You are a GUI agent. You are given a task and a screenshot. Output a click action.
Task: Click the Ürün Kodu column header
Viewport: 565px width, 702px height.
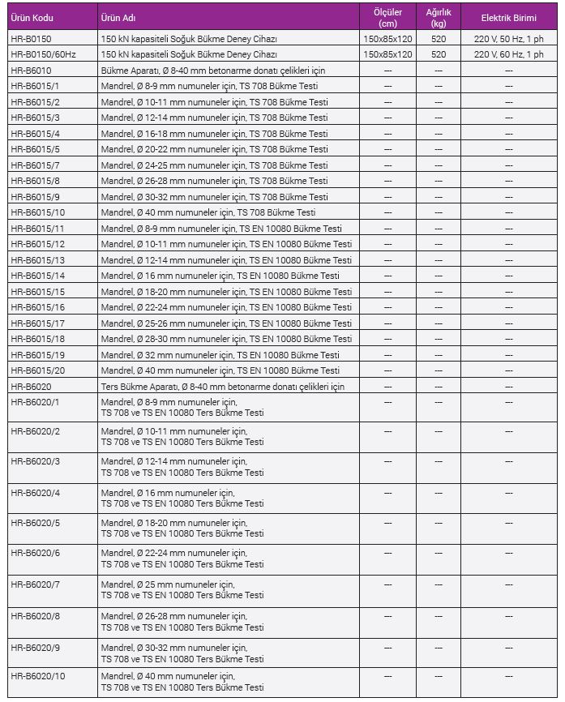32,17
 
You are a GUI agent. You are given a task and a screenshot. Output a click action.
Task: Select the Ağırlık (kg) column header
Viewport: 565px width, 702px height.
439,17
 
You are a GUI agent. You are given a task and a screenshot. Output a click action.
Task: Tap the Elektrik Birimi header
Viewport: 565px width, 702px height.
508,17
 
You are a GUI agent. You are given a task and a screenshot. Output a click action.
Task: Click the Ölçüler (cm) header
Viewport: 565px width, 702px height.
387,17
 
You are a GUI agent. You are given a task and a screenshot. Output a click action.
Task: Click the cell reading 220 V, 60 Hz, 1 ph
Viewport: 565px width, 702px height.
509,54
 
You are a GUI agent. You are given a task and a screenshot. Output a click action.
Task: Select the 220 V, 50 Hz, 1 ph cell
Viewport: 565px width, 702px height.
509,39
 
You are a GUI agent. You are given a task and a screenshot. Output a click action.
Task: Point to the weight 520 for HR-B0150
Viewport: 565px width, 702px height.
439,39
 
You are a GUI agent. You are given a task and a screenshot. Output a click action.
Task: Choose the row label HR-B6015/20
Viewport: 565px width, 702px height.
37,370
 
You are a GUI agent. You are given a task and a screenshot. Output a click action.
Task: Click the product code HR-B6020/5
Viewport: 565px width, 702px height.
36,523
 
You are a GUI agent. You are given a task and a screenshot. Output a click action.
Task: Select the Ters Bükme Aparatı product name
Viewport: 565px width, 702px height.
223,387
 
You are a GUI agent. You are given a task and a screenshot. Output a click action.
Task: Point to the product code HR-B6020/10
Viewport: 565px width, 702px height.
38,676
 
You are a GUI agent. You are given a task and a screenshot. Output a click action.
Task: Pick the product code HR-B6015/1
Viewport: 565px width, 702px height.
36,86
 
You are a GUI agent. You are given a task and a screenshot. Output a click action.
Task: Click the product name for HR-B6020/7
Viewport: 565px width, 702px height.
182,589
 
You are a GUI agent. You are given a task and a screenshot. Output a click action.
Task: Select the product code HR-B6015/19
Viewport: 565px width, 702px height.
37,355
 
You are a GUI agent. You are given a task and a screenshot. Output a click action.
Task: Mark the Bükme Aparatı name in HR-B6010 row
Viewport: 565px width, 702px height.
213,71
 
